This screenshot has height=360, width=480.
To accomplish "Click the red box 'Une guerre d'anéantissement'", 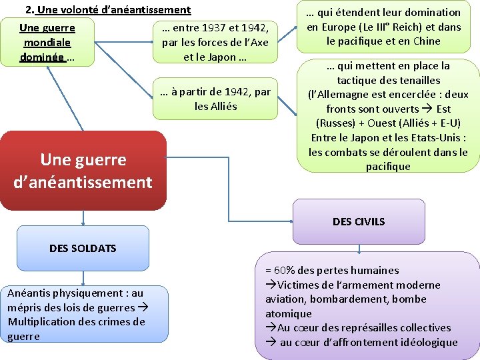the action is [83, 171].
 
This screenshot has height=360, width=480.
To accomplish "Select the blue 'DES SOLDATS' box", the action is [83, 248].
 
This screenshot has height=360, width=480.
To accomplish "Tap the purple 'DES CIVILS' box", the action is [359, 221].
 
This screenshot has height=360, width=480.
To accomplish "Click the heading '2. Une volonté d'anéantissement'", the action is [108, 10].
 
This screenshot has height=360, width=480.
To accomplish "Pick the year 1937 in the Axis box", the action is [214, 28].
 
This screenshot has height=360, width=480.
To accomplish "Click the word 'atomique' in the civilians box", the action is [289, 313].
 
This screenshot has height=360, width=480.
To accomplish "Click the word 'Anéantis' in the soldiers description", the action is [28, 293].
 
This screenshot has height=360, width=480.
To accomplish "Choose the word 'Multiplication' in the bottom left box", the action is [40, 322].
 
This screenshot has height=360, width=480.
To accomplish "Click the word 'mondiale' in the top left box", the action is [47, 43].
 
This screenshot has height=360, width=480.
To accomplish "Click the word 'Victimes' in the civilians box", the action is [300, 285].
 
